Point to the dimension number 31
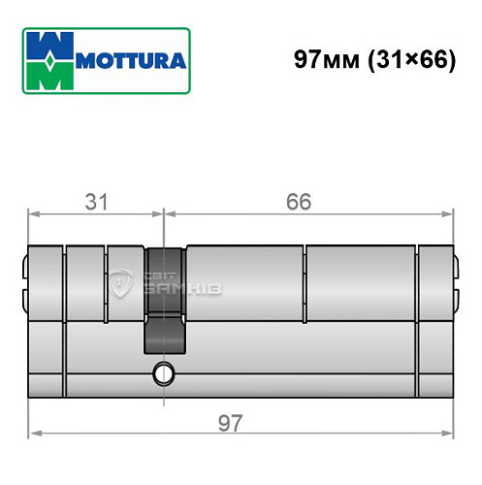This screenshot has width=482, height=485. coord(95,202)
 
